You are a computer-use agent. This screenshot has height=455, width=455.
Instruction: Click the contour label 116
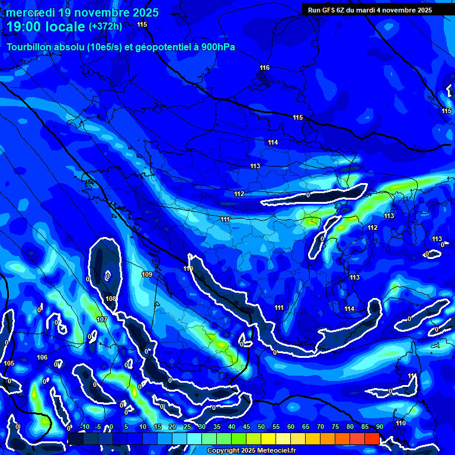click(x=264, y=68)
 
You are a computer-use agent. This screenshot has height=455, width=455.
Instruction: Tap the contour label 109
click(x=147, y=274)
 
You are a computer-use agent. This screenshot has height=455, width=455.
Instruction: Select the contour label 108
click(x=111, y=299)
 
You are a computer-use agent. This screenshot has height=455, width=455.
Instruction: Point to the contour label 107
click(x=102, y=319)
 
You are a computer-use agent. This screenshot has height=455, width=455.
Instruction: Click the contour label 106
click(x=42, y=357)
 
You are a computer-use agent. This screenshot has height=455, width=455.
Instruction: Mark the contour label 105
click(x=9, y=363)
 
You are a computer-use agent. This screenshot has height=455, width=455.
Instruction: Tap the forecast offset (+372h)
click(x=105, y=27)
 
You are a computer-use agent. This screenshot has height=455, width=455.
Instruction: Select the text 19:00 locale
click(x=46, y=27)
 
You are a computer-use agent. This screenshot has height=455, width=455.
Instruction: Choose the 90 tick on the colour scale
click(x=379, y=427)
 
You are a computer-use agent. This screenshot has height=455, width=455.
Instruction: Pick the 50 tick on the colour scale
click(x=261, y=427)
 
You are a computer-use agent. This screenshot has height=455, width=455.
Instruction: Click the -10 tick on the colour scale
click(x=84, y=427)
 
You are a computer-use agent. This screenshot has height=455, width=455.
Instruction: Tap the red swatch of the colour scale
click(x=371, y=438)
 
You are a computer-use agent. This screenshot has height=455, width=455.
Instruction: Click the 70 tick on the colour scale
click(x=320, y=427)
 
